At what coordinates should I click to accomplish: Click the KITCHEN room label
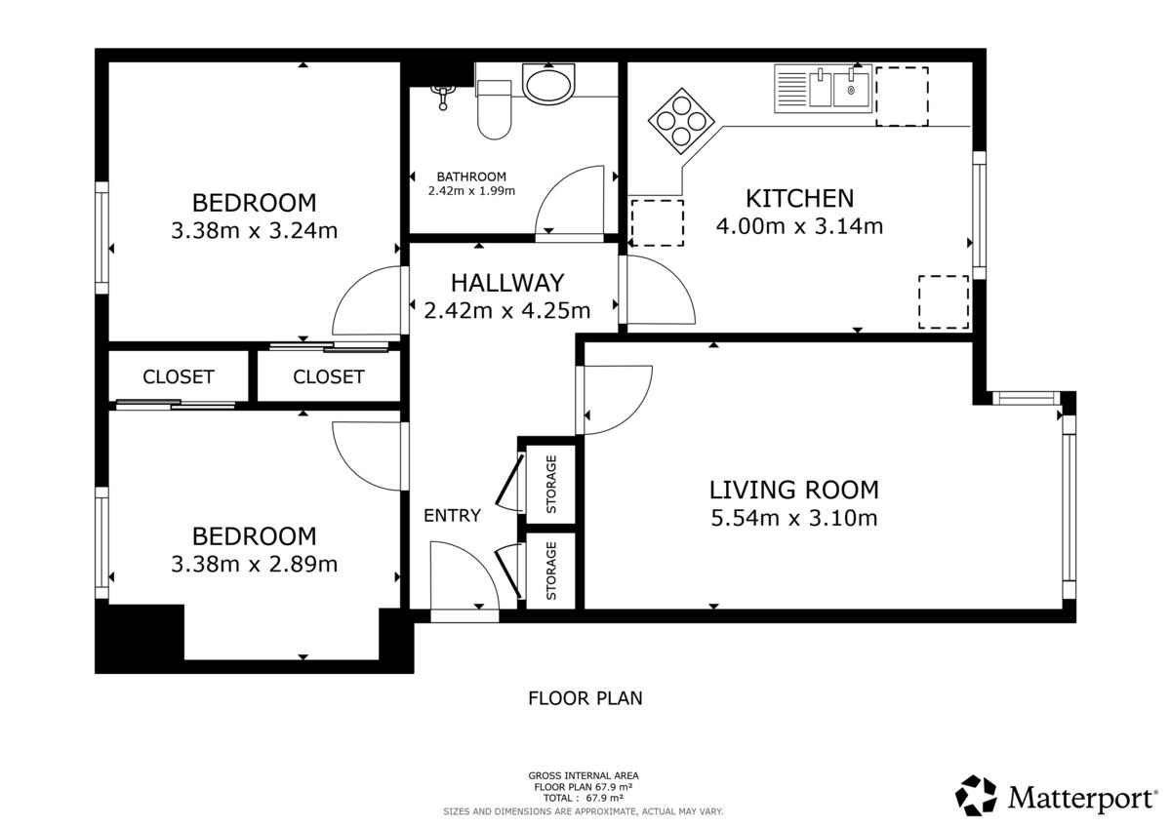click(x=799, y=199)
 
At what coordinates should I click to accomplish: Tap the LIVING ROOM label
click(x=794, y=490)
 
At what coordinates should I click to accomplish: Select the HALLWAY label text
click(x=507, y=283)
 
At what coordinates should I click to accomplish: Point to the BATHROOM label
click(x=471, y=177)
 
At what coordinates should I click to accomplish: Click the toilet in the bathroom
click(x=494, y=109)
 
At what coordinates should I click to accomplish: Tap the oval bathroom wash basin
click(x=548, y=85)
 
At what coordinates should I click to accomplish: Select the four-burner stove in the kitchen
click(x=681, y=121)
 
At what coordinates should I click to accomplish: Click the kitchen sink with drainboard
click(x=823, y=89)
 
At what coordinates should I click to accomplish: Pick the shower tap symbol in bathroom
click(x=442, y=98)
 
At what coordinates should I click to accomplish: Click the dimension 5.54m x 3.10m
click(x=794, y=518)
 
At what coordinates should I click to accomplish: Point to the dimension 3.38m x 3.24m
click(x=254, y=230)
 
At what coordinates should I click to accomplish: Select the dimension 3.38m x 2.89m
click(x=254, y=564)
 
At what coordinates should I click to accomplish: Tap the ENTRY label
click(x=452, y=516)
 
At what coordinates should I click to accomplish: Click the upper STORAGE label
click(x=551, y=485)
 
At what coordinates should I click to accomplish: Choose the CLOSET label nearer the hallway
click(x=328, y=376)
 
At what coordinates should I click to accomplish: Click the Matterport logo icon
click(x=976, y=795)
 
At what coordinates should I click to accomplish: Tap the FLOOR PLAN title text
click(x=585, y=698)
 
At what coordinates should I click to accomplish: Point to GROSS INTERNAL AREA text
click(x=584, y=775)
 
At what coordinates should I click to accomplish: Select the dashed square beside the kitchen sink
click(x=903, y=97)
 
